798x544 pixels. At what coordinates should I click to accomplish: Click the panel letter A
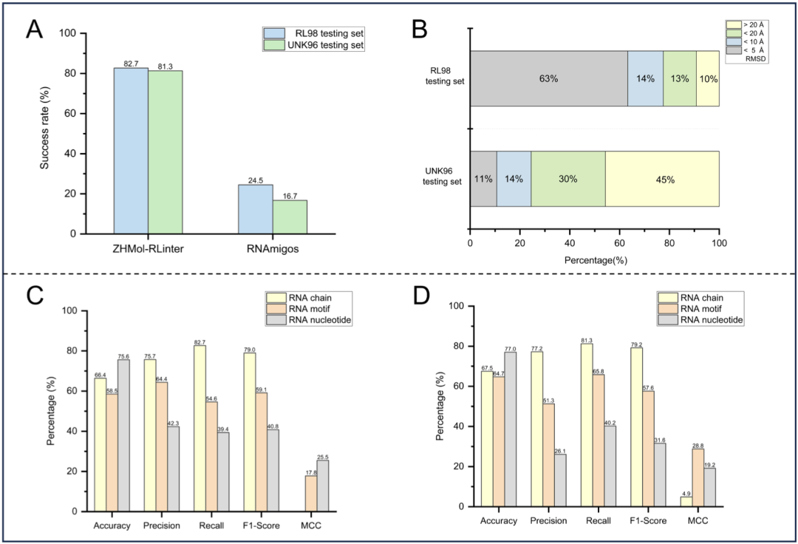[34, 30]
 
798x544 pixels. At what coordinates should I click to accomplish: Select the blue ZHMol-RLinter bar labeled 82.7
[131, 151]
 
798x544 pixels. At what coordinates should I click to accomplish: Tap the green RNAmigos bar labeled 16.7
[290, 217]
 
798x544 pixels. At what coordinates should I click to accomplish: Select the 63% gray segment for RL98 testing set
[548, 78]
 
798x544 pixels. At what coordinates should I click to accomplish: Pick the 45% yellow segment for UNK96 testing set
[662, 179]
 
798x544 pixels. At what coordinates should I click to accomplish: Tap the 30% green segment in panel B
[568, 179]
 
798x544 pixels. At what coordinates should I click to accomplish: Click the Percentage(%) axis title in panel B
[595, 260]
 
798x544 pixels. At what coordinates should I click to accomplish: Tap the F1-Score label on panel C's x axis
[258, 526]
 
